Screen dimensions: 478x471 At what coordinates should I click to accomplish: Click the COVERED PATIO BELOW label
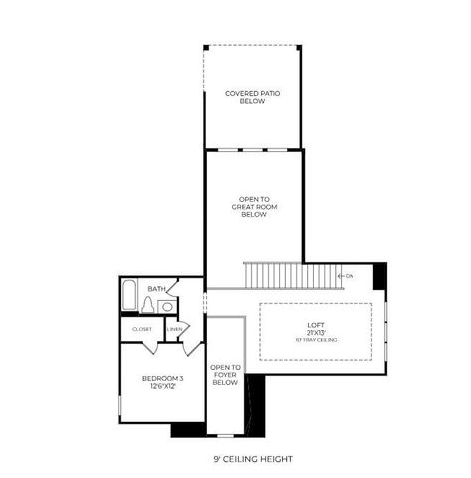pos(252,97)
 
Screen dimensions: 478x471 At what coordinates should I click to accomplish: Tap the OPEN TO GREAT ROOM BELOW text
pos(253,206)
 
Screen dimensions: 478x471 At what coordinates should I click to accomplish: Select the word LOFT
pos(316,325)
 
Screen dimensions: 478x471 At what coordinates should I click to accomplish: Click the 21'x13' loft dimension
pos(316,333)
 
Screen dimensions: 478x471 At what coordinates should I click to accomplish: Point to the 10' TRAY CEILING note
pos(316,341)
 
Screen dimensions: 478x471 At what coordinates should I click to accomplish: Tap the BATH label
pos(156,289)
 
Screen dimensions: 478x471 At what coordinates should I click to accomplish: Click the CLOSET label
pos(142,329)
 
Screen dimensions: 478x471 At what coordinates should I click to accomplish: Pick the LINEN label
pos(175,329)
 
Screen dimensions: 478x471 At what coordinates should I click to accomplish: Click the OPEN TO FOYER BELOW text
pos(225,375)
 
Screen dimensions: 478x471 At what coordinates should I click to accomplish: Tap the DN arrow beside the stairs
pos(347,276)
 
